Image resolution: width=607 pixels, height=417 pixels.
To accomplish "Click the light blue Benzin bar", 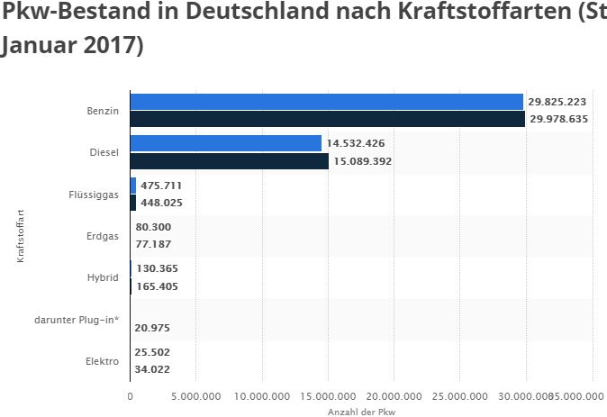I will tap(326, 102).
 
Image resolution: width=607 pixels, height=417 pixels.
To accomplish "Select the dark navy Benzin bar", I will tap(327, 119).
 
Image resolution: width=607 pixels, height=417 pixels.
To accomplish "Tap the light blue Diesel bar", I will tap(225, 143).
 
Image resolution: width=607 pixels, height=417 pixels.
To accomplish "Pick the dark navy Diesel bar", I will tap(229, 161).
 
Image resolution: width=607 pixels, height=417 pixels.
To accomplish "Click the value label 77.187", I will tap(152, 243).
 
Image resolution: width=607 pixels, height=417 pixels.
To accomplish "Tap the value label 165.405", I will tap(156, 286).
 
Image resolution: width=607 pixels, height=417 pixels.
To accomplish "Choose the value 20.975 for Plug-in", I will tap(152, 328).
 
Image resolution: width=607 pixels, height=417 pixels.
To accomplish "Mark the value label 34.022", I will tap(152, 368).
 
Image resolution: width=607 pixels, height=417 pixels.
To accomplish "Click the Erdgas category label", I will tap(101, 235).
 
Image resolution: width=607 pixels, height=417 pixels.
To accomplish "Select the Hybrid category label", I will tap(102, 277).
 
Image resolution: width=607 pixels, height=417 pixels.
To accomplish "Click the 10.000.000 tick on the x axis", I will tap(261, 395).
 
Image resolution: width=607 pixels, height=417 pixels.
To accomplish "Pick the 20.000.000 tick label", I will tap(394, 395).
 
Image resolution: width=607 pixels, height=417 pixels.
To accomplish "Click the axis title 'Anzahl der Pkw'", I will tap(361, 411).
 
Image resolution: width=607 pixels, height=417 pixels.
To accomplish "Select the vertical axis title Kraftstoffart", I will tap(20, 235).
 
